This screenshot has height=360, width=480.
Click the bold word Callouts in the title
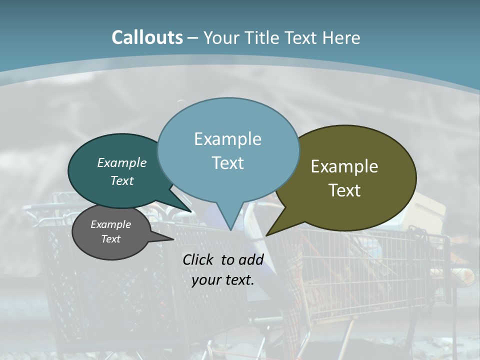147,37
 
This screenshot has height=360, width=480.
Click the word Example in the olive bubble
344,166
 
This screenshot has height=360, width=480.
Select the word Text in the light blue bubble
228,162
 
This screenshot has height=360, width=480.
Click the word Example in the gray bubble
110,224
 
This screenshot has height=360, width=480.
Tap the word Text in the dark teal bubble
122,180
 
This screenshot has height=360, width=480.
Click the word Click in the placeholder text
199,259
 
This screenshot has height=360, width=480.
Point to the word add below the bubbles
250,259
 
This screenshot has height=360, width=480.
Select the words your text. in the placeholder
223,280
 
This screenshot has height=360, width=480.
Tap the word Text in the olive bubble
344,190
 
